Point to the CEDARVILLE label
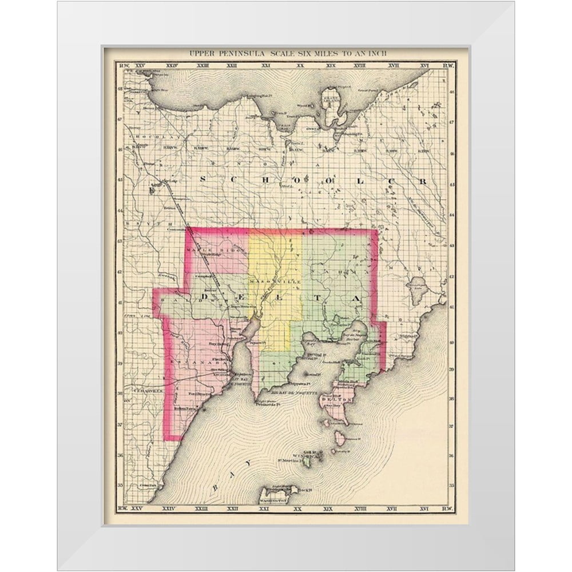click(x=138, y=389)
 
